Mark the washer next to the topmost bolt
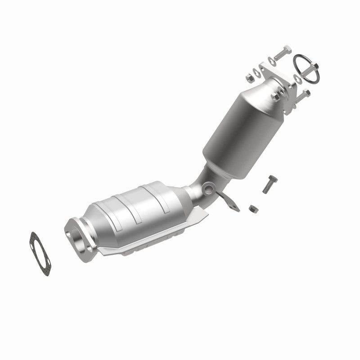(x=271, y=59)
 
